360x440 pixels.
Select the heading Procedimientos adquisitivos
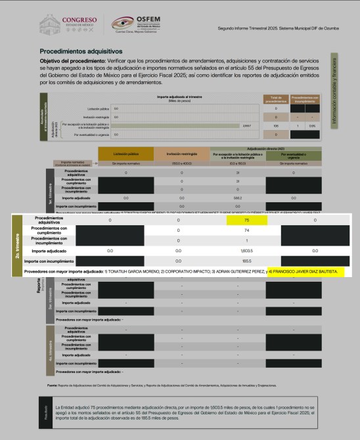click(x=81, y=50)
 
